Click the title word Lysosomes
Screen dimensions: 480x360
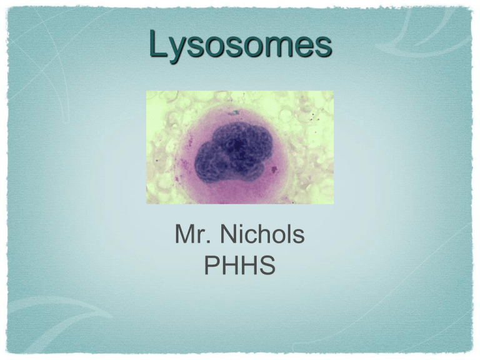pos(241,45)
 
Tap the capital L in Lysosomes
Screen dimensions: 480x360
pos(159,43)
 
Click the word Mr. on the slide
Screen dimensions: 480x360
pos(193,234)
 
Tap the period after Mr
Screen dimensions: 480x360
pos(209,241)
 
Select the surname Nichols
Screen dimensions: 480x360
pos(262,234)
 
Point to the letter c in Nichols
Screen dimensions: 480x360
pos(255,237)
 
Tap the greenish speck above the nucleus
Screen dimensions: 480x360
pos(235,113)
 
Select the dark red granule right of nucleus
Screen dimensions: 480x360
pos(274,169)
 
